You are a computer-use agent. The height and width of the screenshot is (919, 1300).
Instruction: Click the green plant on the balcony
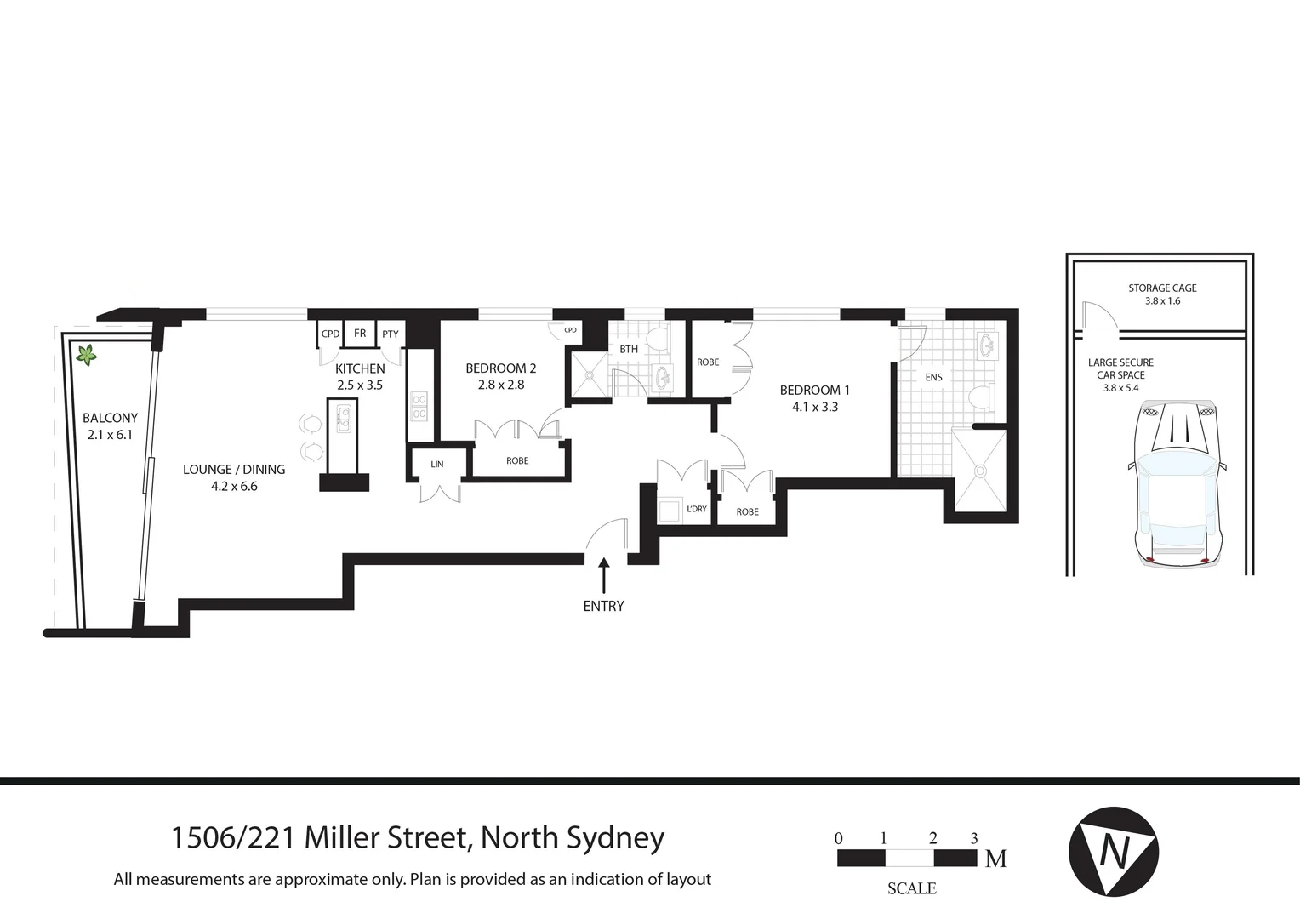pos(86,355)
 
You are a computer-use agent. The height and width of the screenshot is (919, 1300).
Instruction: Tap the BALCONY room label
pos(110,418)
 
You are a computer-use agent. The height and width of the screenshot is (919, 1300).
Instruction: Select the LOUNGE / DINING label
pos(234,469)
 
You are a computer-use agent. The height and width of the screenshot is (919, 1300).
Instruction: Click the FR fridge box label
pos(360,334)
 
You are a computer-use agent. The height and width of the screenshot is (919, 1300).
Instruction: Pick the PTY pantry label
pos(390,334)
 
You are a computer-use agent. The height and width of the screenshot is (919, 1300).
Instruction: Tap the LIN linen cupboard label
pos(436,465)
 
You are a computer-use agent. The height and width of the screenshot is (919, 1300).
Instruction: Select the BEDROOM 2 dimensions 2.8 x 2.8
pos(500,385)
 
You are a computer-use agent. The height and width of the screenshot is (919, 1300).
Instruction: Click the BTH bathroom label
pos(629,350)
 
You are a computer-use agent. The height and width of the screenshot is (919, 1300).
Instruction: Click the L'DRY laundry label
pos(696,509)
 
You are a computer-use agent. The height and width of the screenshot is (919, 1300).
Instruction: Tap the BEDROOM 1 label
pos(814,390)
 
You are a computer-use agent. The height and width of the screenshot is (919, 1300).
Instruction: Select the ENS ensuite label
pos(933,377)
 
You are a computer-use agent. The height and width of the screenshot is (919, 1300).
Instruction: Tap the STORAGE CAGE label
pos(1162,288)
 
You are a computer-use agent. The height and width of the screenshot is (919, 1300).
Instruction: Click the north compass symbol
pos(1113,851)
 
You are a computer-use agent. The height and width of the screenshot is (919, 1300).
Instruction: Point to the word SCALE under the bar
pos(911,888)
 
